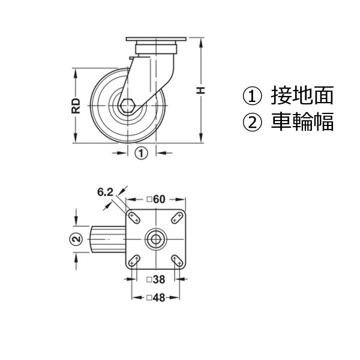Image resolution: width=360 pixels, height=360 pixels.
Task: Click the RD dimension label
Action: pyautogui.click(x=76, y=106)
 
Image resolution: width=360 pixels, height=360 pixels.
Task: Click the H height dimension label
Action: pyautogui.click(x=200, y=90)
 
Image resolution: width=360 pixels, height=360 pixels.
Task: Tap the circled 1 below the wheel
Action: pyautogui.click(x=141, y=153)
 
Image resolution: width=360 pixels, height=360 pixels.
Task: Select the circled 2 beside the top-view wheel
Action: pyautogui.click(x=76, y=239)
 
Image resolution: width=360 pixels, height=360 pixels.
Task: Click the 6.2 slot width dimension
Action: pyautogui.click(x=106, y=192)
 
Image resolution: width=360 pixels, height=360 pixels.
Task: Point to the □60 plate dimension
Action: pyautogui.click(x=156, y=199)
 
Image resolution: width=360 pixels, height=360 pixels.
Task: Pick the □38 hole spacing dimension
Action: pyautogui.click(x=156, y=280)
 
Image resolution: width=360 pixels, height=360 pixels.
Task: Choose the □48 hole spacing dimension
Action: pyautogui.click(x=156, y=298)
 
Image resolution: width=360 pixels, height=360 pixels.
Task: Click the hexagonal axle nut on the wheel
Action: pyautogui.click(x=127, y=106)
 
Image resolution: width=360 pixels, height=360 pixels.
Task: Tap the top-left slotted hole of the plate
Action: pyautogui.click(x=134, y=218)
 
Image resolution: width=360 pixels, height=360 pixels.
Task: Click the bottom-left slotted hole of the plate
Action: pyautogui.click(x=134, y=261)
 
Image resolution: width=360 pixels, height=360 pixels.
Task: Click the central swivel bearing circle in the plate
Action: pyautogui.click(x=156, y=239)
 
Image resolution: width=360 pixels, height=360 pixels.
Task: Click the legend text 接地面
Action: pyautogui.click(x=302, y=96)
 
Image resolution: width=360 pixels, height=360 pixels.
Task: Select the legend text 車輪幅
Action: pyautogui.click(x=302, y=122)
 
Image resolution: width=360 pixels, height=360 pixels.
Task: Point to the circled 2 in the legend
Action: pyautogui.click(x=252, y=122)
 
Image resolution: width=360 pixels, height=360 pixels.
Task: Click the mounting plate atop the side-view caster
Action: pyautogui.click(x=156, y=39)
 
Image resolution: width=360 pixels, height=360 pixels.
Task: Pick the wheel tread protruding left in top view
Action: pyautogui.click(x=108, y=239)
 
